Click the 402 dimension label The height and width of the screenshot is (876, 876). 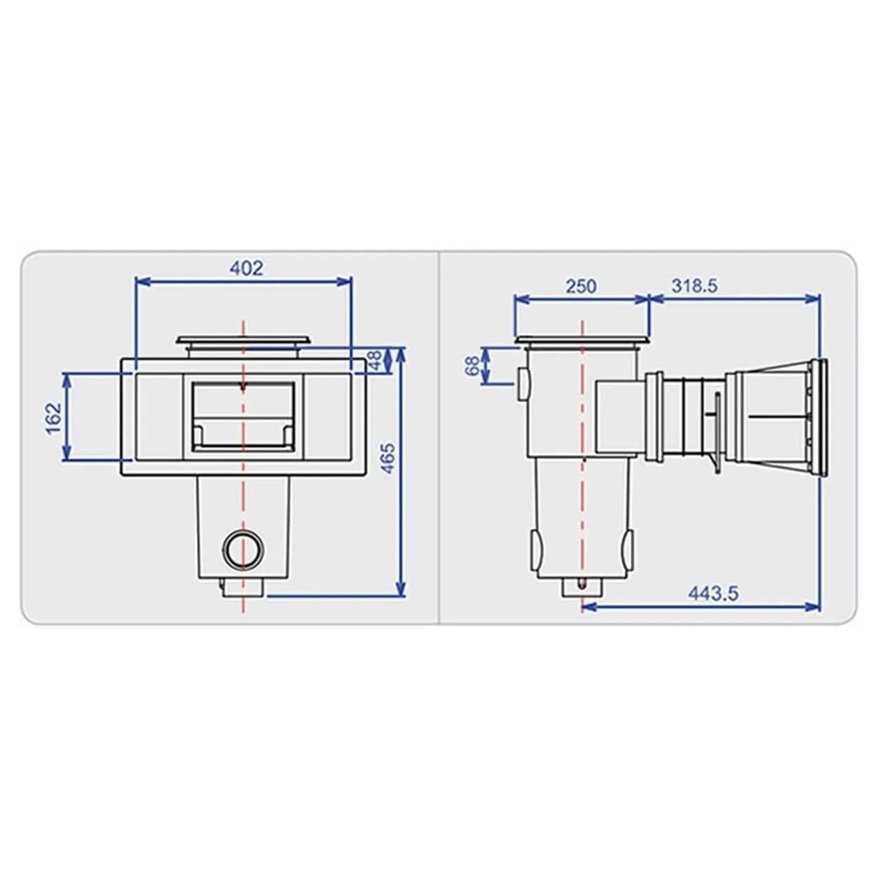(x=247, y=268)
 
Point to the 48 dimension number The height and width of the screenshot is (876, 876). (x=376, y=360)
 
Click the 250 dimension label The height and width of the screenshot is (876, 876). (x=581, y=286)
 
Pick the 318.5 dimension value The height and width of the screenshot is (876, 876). (x=694, y=286)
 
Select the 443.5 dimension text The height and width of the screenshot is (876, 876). (x=713, y=593)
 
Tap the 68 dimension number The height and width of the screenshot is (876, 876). (x=473, y=365)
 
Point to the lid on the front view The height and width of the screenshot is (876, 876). (x=243, y=342)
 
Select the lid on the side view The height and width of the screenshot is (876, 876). (x=582, y=342)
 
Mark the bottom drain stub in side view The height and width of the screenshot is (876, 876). (x=582, y=588)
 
